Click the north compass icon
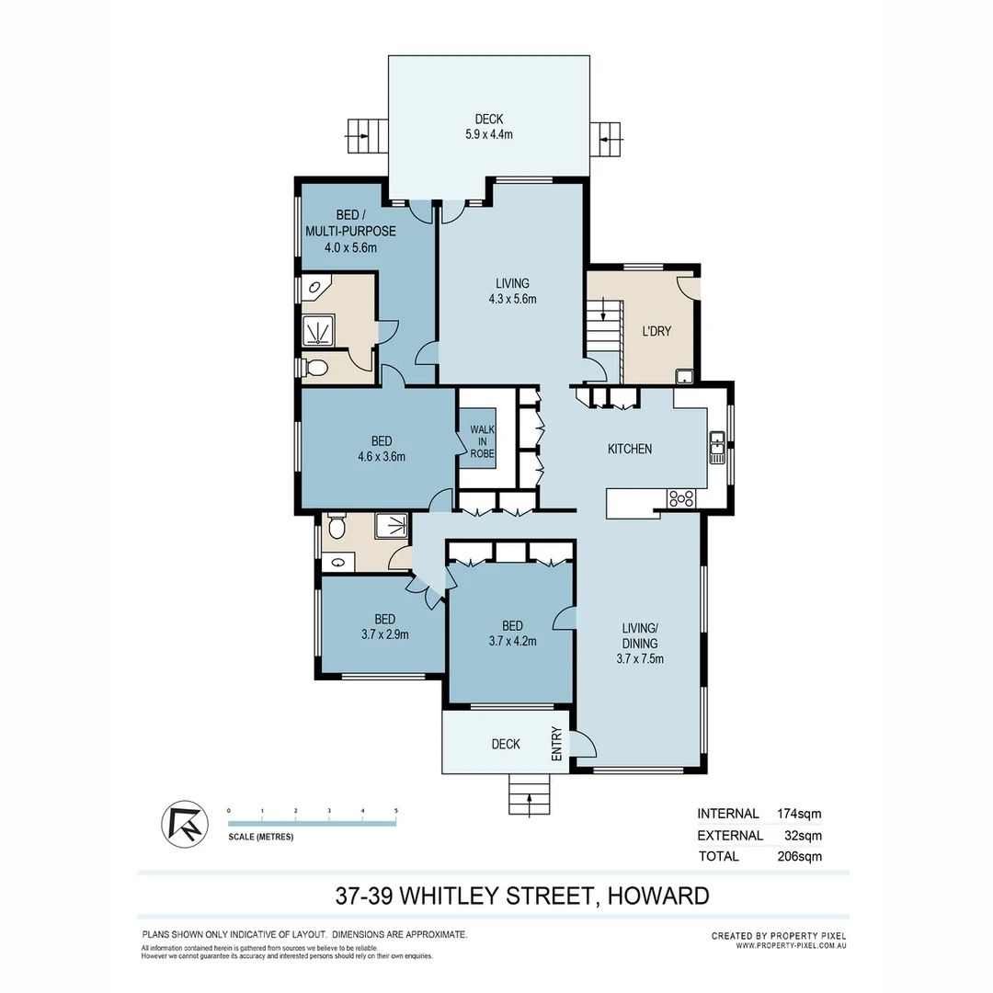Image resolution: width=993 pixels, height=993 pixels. click(182, 825)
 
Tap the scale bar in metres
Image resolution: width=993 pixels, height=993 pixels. click(312, 824)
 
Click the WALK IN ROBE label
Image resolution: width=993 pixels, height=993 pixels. click(482, 441)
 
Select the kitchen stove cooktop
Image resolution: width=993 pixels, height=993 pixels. click(681, 498)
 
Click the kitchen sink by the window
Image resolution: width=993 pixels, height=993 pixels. click(717, 450)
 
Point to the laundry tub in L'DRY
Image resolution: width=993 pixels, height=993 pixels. click(684, 375)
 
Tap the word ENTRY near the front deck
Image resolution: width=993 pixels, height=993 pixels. click(556, 744)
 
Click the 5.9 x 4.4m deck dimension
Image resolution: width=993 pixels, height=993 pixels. click(488, 134)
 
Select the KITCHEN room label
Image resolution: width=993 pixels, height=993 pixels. click(630, 449)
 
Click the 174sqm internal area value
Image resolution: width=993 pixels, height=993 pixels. click(799, 814)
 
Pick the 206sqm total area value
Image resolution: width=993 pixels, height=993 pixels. click(799, 856)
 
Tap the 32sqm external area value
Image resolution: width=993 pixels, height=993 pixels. click(803, 836)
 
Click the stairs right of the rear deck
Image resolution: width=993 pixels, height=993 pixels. click(607, 139)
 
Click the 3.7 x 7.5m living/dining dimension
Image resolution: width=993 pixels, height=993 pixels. click(640, 658)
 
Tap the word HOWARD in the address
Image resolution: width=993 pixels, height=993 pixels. click(656, 896)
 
